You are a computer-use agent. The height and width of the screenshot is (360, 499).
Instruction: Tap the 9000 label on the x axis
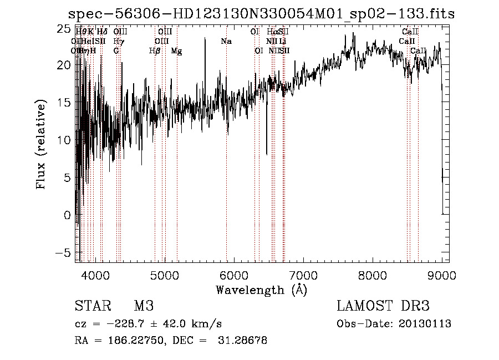pyautogui.click(x=441, y=276)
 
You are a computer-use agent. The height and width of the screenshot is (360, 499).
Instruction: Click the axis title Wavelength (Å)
pyautogui.click(x=261, y=290)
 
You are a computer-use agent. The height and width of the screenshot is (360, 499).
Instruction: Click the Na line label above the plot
pyautogui.click(x=226, y=42)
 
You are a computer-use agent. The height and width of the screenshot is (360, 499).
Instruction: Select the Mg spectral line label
pyautogui.click(x=176, y=51)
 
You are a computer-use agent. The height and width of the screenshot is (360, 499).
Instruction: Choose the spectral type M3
pyautogui.click(x=144, y=307)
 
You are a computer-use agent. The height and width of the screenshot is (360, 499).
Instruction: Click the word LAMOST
pyautogui.click(x=363, y=307)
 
